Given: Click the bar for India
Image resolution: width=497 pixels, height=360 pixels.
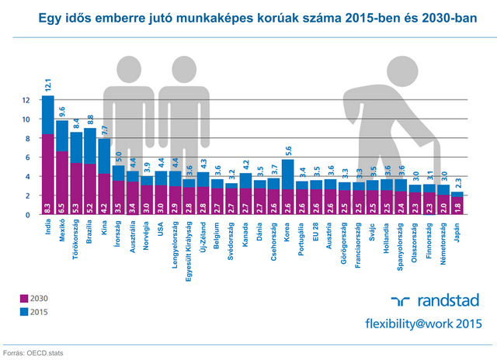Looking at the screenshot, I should [x=48, y=155].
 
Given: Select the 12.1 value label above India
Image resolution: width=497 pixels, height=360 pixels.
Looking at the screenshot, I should [x=47, y=85].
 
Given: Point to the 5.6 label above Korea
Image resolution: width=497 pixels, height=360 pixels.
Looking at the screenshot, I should [x=288, y=152].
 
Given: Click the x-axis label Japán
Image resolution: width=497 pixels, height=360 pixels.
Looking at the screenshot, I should [x=457, y=230].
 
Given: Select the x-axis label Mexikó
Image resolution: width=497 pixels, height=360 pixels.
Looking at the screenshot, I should [x=62, y=233].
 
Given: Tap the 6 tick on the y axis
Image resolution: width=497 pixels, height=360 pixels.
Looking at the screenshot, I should [x=26, y=157].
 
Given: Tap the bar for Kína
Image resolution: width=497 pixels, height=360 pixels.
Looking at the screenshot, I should [x=104, y=177].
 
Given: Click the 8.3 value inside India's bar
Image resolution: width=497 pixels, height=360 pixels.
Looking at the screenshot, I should [x=48, y=207].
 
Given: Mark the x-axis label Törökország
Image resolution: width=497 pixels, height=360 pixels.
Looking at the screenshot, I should [x=76, y=240].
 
